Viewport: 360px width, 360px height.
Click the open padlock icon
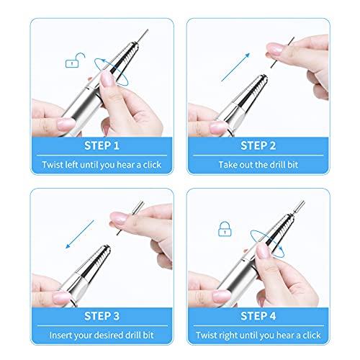pos(72,63)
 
